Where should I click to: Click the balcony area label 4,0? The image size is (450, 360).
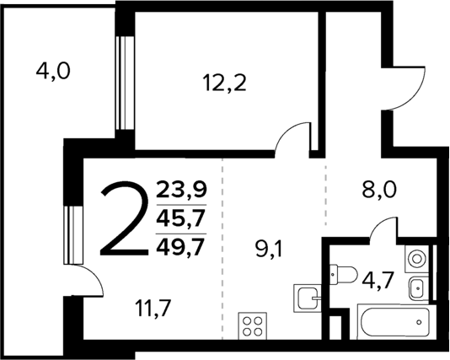coord(52,72)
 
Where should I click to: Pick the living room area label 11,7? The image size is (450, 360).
coord(152,309)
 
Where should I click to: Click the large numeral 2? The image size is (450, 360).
coord(125,221)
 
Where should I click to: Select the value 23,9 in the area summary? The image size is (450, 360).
coord(180,189)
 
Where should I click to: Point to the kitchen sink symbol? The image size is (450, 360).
coord(306,297)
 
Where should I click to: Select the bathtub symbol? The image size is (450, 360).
coord(392,323)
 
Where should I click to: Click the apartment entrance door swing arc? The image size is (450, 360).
coord(406,86)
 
